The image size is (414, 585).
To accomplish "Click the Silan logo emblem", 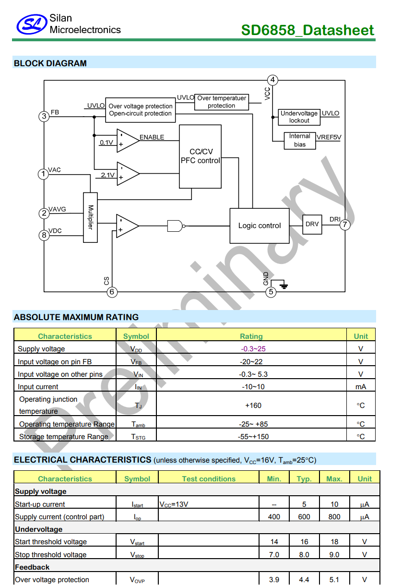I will [32, 24].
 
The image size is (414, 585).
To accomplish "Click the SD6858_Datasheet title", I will [308, 30].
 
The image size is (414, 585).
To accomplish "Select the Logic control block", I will [260, 226].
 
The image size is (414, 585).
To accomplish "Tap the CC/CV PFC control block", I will [200, 156].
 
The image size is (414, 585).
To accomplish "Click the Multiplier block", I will [90, 217].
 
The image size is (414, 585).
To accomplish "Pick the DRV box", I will [312, 224].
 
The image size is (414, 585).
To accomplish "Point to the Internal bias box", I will [299, 140].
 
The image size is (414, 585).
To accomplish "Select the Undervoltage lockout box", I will [299, 117].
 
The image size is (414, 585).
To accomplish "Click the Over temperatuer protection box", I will [221, 102].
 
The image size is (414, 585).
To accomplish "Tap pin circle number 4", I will [272, 80].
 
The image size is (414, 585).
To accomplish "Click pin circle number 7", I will [345, 224].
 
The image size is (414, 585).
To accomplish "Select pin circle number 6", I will [112, 292].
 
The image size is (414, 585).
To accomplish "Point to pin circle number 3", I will [44, 116].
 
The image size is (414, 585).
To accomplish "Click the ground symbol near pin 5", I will [284, 286].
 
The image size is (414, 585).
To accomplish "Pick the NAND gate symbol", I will [176, 226].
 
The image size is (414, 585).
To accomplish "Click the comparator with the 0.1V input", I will [128, 140].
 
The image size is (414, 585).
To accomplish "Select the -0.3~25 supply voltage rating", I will [251, 349].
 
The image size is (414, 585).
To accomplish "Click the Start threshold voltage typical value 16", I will [304, 542].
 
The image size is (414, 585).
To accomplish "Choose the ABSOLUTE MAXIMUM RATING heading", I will [76, 317].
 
